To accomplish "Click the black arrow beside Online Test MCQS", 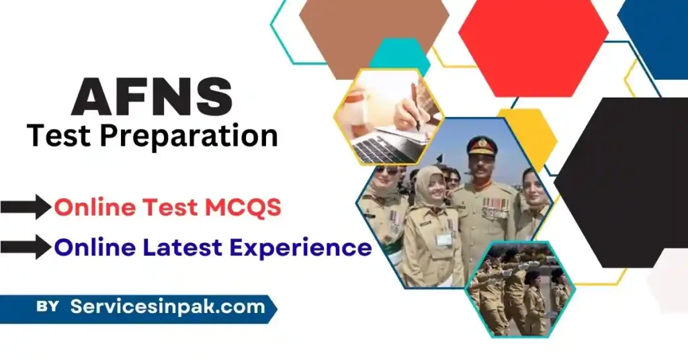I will (26, 208).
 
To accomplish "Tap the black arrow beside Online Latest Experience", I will (26, 248).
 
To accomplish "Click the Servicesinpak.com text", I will (167, 308).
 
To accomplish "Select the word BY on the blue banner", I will (47, 308).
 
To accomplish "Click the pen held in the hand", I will (415, 107).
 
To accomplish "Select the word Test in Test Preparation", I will (56, 137).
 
